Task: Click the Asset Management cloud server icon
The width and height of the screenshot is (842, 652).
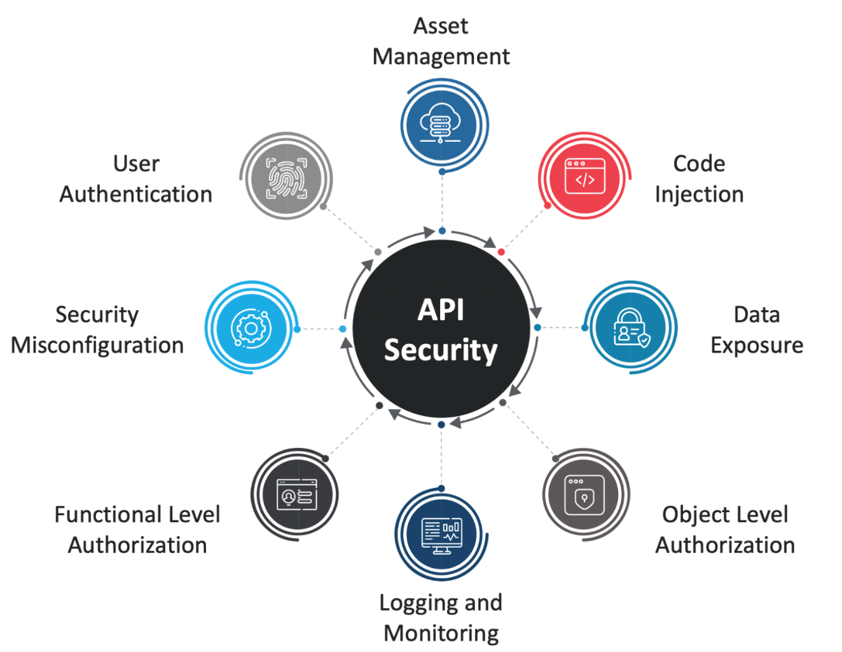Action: tap(441, 125)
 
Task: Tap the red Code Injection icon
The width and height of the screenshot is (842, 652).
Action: tap(584, 177)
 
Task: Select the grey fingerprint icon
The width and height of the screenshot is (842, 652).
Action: tap(286, 177)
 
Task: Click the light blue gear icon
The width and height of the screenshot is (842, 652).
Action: tap(251, 328)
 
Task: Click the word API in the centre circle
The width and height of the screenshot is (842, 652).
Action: tap(441, 310)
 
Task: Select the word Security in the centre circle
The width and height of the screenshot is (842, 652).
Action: tap(441, 350)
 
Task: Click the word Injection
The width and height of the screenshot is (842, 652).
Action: tap(699, 194)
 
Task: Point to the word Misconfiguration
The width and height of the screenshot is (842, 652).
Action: tap(97, 345)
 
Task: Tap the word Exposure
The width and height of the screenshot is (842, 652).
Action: tap(757, 345)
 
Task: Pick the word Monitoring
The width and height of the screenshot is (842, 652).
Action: tap(441, 633)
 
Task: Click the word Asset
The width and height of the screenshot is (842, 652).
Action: tap(441, 26)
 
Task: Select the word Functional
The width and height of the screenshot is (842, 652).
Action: tap(107, 514)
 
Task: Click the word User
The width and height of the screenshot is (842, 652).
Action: tap(136, 163)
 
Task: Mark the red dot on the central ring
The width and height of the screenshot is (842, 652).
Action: tap(501, 252)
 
